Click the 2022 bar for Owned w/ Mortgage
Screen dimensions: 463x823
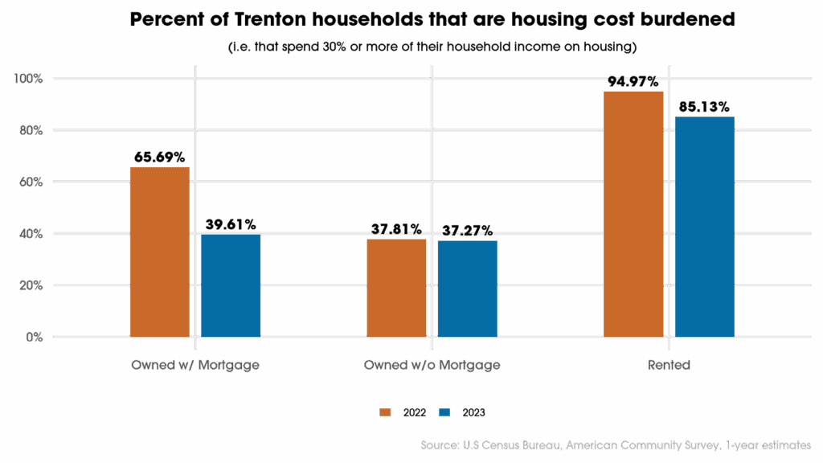pos(159,252)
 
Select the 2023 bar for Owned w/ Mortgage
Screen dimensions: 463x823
pos(231,285)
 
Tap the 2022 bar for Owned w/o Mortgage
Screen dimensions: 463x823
pos(396,288)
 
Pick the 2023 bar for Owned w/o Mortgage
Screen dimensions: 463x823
pos(467,289)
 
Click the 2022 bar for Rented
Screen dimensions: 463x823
pos(633,214)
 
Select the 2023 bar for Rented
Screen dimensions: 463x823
pos(704,227)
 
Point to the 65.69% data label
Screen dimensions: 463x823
pos(161,157)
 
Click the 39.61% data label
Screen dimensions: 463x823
pos(230,223)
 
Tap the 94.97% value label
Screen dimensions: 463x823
pos(633,82)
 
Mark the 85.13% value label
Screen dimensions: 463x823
pos(703,106)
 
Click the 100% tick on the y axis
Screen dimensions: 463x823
pos(27,79)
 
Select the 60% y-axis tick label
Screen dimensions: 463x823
pos(31,182)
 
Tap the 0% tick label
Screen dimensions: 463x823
pos(33,337)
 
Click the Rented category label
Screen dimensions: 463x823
pos(669,365)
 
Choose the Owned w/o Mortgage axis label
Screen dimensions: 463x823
pos(432,365)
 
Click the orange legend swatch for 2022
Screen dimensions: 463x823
pos(384,412)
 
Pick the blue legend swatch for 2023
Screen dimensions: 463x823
pos(444,412)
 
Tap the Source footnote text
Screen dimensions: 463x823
pos(615,445)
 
